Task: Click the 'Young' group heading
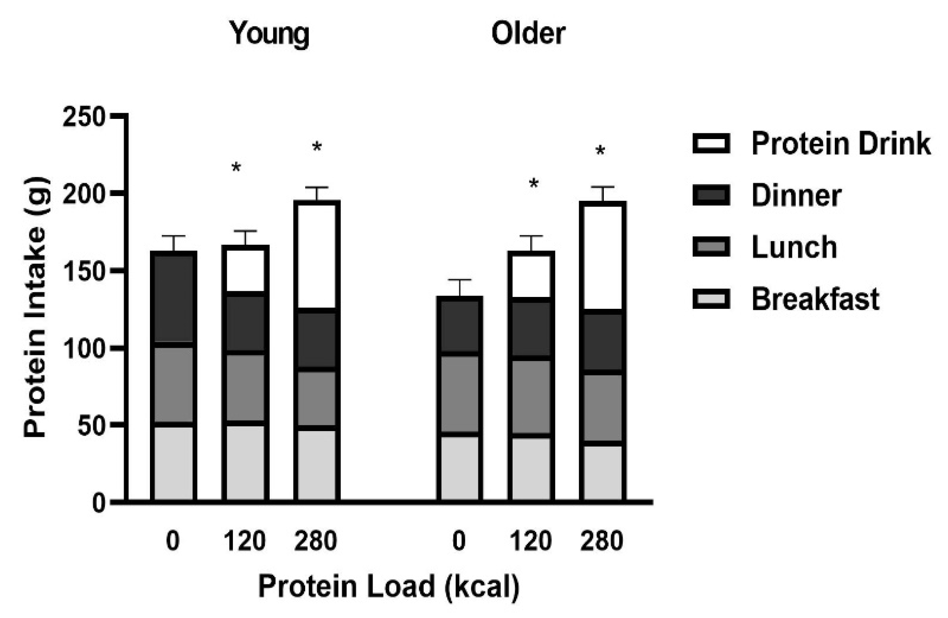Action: click(269, 34)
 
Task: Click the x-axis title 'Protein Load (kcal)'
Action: click(388, 586)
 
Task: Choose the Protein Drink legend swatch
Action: click(711, 143)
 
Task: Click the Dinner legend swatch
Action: click(711, 195)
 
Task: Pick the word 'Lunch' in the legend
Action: click(794, 247)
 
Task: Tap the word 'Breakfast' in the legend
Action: click(815, 299)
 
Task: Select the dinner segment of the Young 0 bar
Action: click(173, 298)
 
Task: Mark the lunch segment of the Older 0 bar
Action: click(460, 394)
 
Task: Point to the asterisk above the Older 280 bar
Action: click(600, 152)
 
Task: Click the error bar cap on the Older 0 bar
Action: click(460, 280)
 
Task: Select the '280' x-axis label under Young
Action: click(316, 541)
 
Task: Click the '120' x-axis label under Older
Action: click(530, 541)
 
